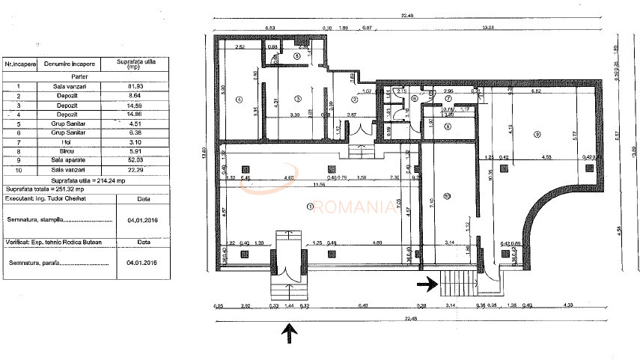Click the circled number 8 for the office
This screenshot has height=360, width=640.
tap(447, 126)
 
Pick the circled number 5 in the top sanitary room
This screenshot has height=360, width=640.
tap(296, 55)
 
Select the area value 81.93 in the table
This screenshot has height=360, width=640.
tap(135, 86)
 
